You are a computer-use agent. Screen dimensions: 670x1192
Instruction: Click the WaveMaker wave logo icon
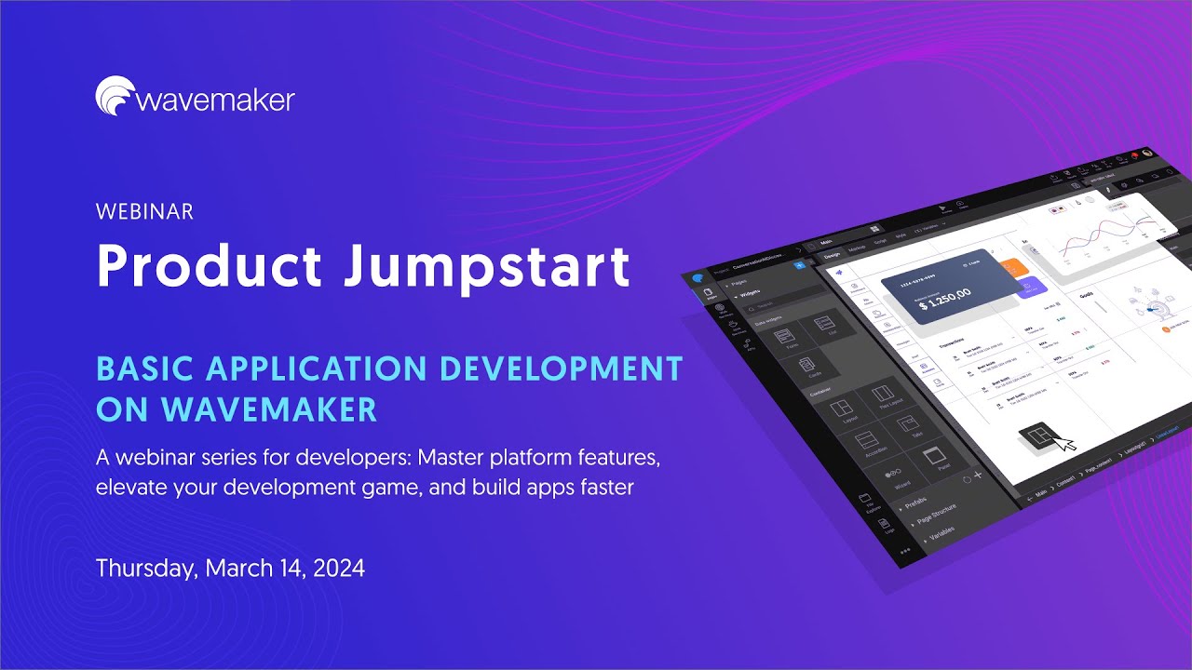(x=115, y=97)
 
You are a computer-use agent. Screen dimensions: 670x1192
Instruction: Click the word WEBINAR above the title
(x=144, y=212)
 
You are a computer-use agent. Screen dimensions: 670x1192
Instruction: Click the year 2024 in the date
(x=339, y=568)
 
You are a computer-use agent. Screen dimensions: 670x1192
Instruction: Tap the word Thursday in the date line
(x=145, y=568)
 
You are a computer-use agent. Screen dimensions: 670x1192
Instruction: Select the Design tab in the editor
(x=832, y=255)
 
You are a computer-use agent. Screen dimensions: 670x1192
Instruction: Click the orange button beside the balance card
(x=1015, y=269)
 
